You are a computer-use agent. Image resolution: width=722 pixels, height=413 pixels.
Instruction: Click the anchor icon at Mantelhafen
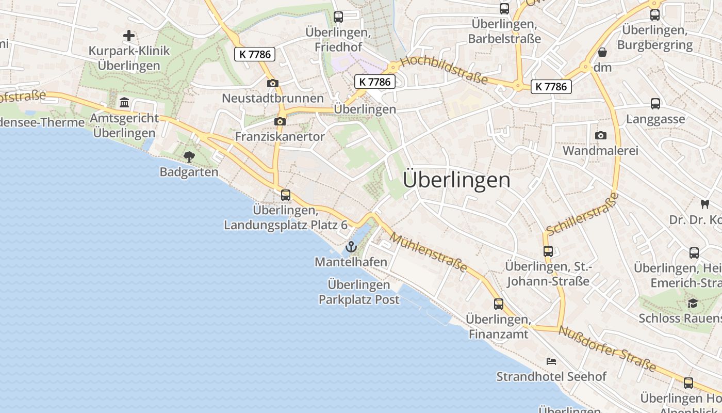351,247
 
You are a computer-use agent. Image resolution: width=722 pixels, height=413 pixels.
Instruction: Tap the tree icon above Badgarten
189,156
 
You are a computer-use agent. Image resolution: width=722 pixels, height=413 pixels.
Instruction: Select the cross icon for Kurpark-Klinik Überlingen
129,36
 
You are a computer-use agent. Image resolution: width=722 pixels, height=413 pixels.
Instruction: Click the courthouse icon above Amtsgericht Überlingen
124,102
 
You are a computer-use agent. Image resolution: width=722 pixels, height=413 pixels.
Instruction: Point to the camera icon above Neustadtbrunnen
273,83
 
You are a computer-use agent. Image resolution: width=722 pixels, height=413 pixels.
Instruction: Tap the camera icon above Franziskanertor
280,121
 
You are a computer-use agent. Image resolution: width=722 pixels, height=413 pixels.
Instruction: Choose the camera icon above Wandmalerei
600,135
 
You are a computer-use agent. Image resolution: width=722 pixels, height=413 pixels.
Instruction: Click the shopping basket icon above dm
602,52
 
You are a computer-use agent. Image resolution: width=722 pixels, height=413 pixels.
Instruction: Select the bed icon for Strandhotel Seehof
551,361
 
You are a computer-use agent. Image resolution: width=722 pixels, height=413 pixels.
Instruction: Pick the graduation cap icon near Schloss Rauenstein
693,303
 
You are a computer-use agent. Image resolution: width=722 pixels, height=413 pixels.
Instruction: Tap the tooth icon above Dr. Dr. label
704,204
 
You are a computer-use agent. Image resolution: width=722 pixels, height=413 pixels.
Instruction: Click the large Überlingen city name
456,180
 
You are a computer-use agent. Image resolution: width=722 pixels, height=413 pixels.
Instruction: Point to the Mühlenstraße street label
429,252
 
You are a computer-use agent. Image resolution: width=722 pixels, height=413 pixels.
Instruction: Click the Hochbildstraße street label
444,70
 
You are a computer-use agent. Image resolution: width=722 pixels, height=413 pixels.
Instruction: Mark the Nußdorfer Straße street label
608,349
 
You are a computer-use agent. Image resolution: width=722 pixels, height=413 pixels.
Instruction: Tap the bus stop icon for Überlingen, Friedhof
338,17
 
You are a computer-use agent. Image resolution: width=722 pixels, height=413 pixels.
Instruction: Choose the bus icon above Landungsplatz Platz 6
286,195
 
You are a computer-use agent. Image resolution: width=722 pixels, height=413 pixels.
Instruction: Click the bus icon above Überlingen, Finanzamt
498,304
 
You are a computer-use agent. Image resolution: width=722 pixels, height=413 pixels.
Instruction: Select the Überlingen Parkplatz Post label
359,292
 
